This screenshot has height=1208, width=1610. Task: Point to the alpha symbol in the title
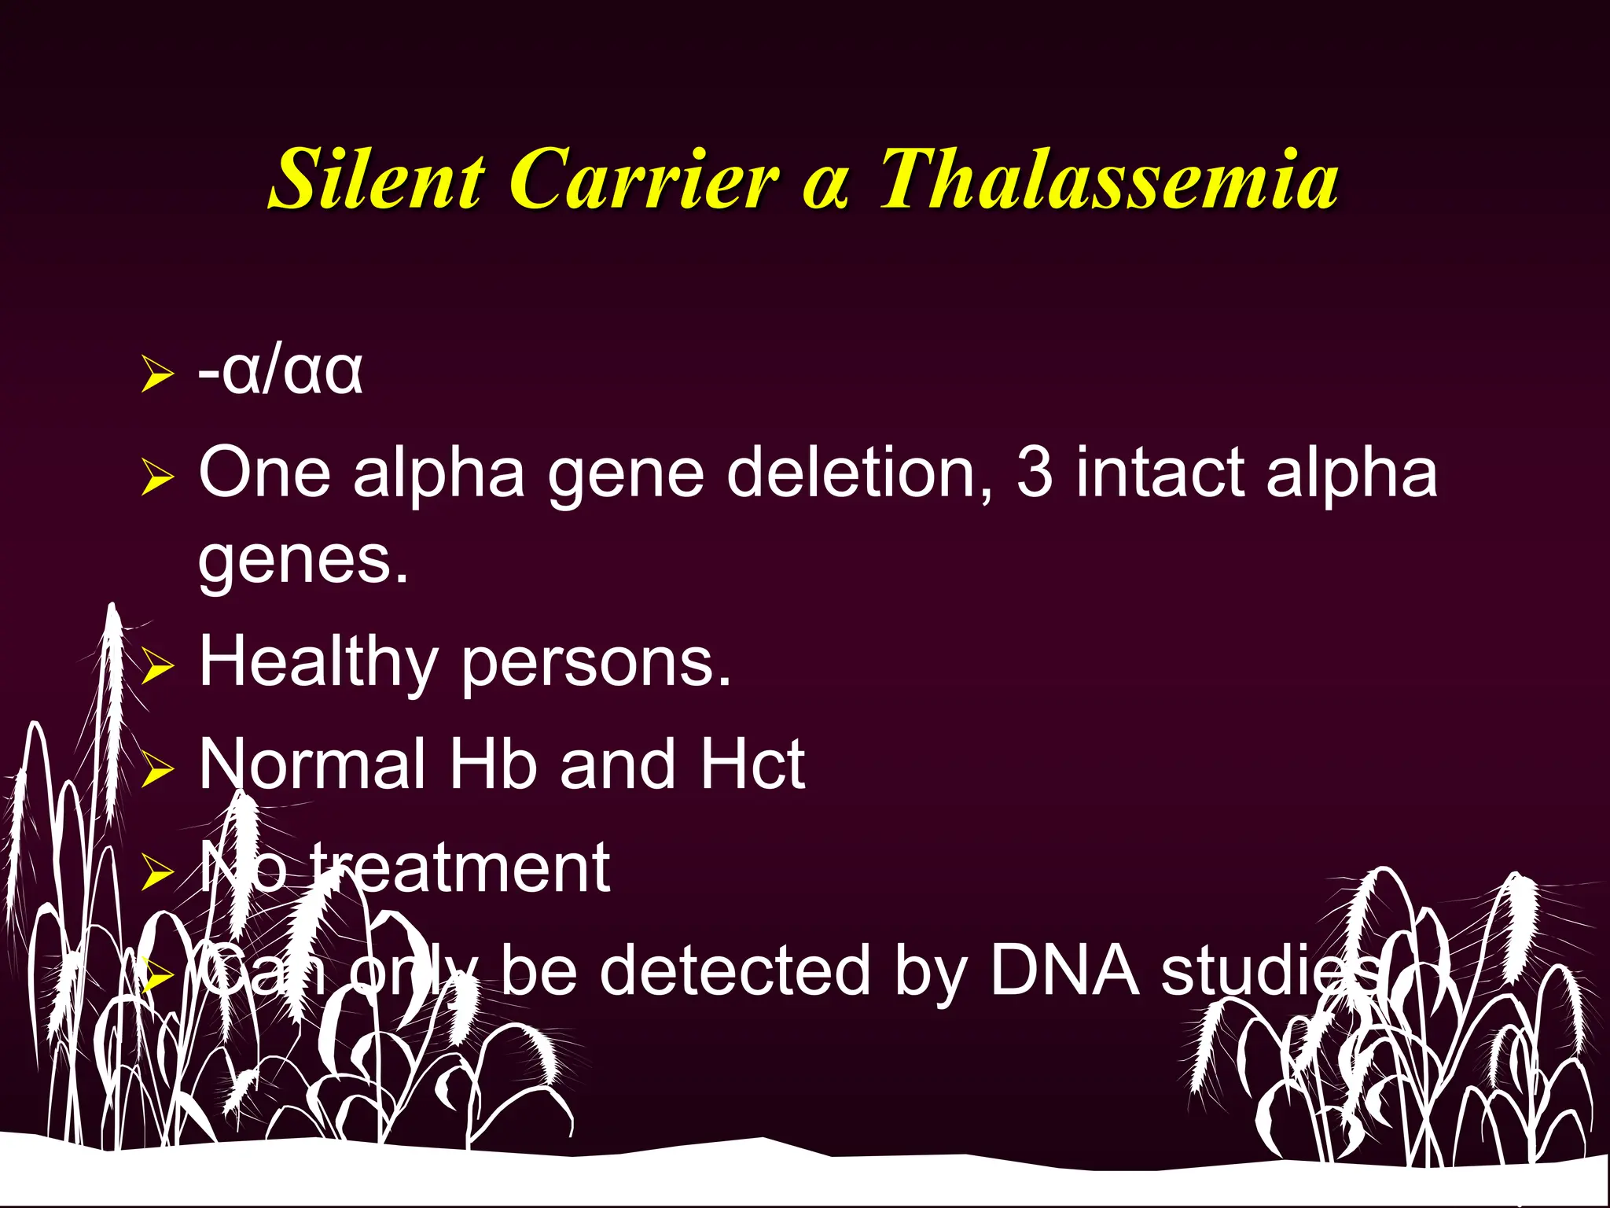[825, 189]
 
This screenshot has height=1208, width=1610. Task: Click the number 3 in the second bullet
[1035, 473]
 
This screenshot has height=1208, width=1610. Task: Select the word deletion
[849, 473]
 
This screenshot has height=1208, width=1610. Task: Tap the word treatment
[460, 868]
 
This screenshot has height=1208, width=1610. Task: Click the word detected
[735, 970]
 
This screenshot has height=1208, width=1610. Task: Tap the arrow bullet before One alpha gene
[156, 477]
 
